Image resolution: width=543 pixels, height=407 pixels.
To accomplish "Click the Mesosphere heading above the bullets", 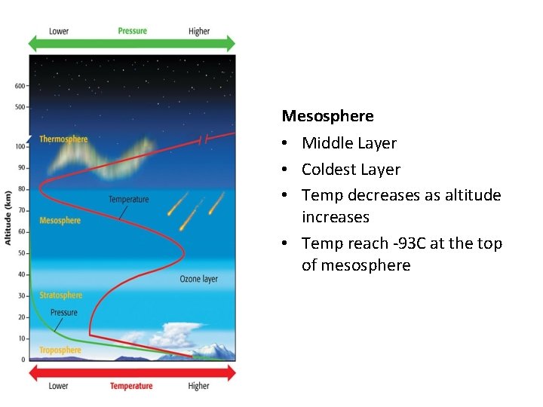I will coord(327,116).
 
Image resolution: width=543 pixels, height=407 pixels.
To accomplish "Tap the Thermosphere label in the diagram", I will coord(63,139).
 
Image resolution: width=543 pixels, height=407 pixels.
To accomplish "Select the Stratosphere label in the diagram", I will coord(60,295).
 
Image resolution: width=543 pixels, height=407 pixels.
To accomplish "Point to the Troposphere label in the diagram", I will coord(60,350).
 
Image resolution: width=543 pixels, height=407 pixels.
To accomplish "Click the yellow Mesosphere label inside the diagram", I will coord(60,220).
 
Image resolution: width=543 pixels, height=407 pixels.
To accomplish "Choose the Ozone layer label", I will coord(198,279).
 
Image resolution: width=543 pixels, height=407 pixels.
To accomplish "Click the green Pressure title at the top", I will coord(132,31).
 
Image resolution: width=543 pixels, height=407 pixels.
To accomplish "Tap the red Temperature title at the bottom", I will coord(131,386).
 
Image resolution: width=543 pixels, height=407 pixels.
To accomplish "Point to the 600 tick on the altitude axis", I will coord(20,85).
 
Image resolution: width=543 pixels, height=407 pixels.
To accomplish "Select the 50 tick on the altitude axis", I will coord(22,252).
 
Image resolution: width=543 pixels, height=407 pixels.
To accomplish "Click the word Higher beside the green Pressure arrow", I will coord(199,31).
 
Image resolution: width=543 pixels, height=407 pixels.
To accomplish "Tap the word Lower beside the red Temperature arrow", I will coord(59,386).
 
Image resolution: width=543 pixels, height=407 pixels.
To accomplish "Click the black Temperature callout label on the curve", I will coord(128,200).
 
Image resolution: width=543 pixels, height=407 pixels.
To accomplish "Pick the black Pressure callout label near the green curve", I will coord(63,312).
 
